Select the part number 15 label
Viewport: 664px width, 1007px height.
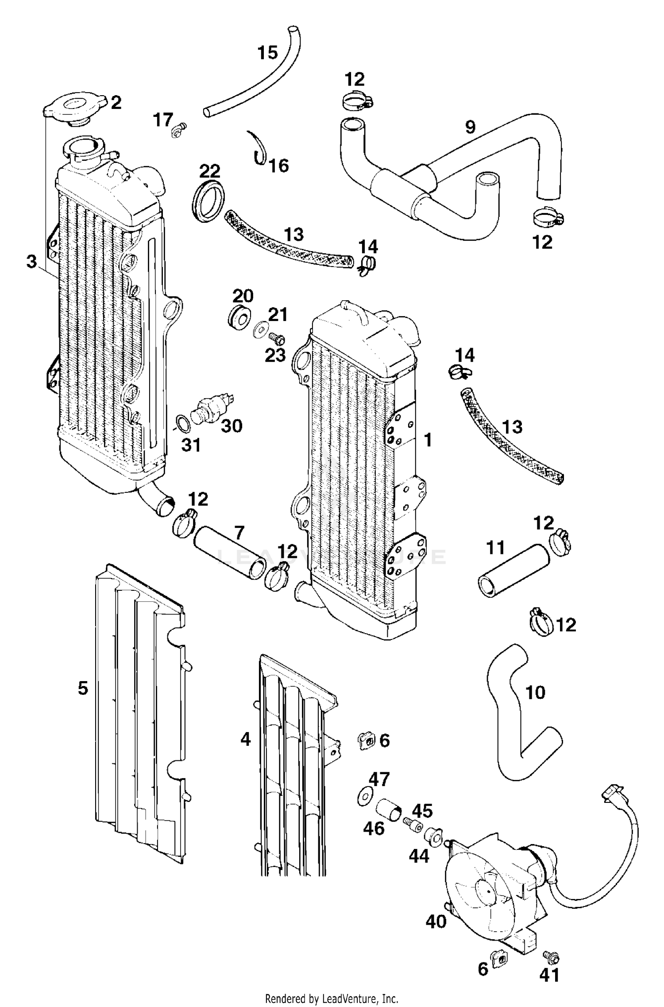tap(268, 53)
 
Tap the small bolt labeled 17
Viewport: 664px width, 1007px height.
tap(178, 130)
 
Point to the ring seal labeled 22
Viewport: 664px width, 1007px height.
tap(208, 200)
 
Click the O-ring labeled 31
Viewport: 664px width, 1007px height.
tap(184, 424)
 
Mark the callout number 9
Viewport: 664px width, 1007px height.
tap(470, 127)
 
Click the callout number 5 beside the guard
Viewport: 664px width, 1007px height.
tap(83, 688)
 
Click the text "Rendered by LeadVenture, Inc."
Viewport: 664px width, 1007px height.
tap(332, 999)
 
